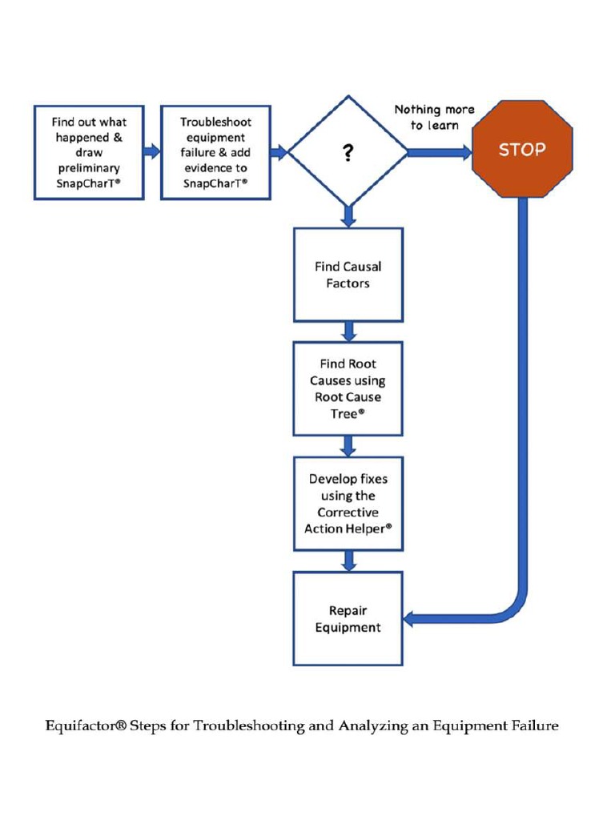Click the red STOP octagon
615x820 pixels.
coord(522,150)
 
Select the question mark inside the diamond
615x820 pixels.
coord(348,153)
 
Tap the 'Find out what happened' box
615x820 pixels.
coord(89,152)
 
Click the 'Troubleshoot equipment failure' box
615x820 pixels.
coord(215,152)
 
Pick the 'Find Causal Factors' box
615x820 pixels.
coord(348,275)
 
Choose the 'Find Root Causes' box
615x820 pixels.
coord(348,388)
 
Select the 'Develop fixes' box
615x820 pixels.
coord(348,504)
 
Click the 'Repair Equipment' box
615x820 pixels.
coord(348,618)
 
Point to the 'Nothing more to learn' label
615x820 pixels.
coord(434,117)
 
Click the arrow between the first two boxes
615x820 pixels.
coord(152,152)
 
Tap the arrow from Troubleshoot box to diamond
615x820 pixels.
coord(279,152)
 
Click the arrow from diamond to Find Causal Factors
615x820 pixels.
coord(348,216)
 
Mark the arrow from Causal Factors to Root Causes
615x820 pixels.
coord(348,331)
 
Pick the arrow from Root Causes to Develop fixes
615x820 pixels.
coord(348,446)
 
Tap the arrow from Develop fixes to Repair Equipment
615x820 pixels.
coord(348,561)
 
